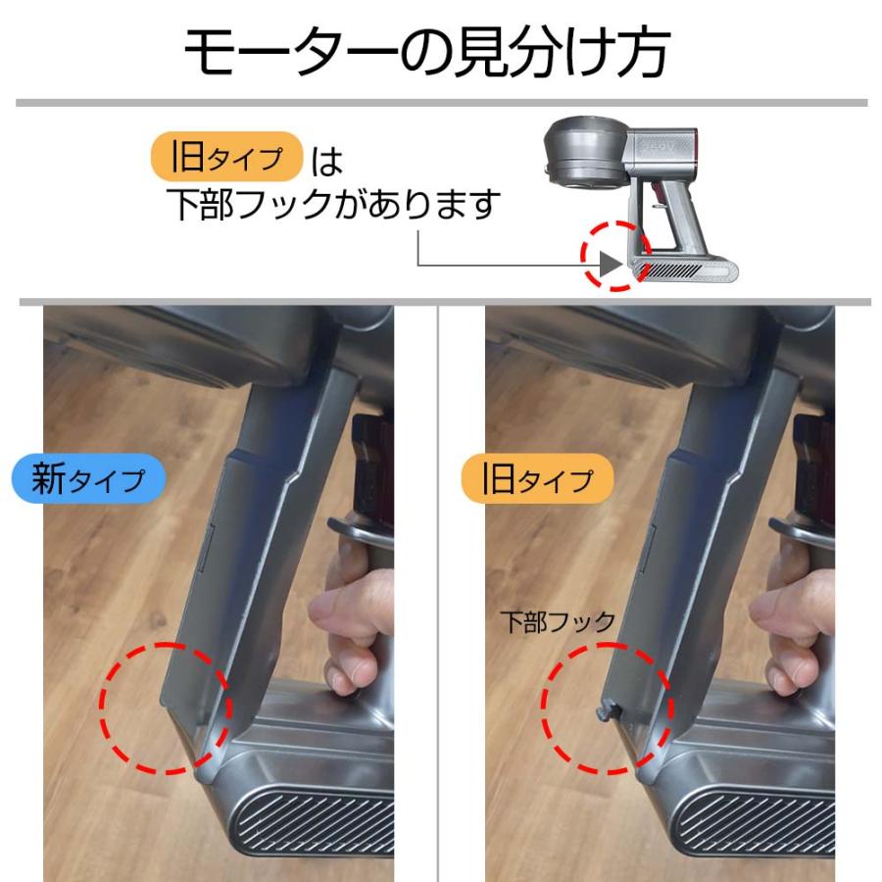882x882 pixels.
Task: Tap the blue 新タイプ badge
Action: click(x=88, y=479)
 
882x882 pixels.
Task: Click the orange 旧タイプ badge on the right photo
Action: click(x=537, y=479)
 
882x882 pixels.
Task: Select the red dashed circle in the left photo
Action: click(x=165, y=708)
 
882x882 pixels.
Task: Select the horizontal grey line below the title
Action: click(x=441, y=103)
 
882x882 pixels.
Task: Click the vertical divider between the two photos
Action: click(x=440, y=588)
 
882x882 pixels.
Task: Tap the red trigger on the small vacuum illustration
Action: click(x=653, y=207)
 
